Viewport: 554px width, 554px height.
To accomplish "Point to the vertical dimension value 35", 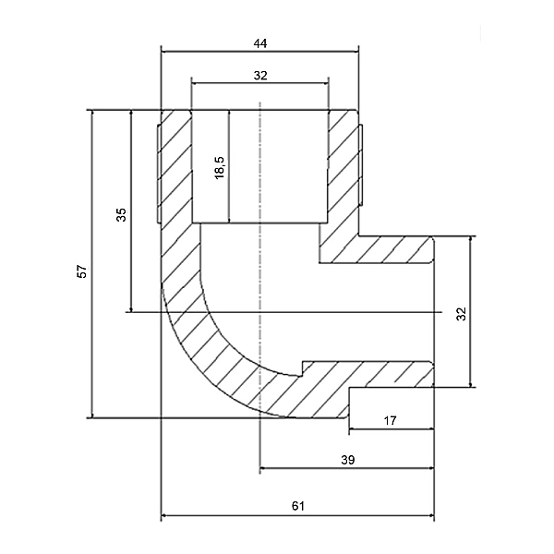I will (x=121, y=214).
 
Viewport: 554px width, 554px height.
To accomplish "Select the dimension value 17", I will (x=390, y=420).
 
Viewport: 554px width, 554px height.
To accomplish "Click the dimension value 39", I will (x=348, y=459).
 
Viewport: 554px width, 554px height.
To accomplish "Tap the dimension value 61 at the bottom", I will (x=297, y=506).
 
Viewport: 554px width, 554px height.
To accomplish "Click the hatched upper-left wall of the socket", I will (x=176, y=166).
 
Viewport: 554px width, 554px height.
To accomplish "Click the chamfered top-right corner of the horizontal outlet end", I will (x=430, y=239).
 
